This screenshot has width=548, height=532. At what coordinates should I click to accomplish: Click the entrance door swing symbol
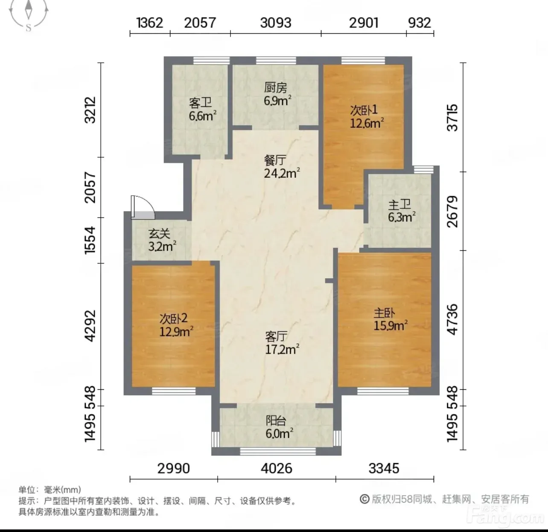pyautogui.click(x=143, y=208)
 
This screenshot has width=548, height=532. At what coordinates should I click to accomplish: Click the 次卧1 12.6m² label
pyautogui.click(x=367, y=116)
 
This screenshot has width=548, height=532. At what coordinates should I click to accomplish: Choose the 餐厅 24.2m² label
pyautogui.click(x=282, y=167)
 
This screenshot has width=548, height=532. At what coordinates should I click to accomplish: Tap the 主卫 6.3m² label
pyautogui.click(x=402, y=211)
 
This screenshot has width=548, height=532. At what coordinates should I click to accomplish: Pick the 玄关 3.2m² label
pyautogui.click(x=162, y=240)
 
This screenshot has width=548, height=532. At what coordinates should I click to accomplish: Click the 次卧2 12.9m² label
pyautogui.click(x=176, y=325)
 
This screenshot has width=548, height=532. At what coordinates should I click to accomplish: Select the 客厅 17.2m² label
pyautogui.click(x=282, y=343)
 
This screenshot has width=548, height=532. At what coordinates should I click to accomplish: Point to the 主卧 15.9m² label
pyautogui.click(x=391, y=319)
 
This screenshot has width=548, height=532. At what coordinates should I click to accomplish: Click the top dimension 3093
pyautogui.click(x=276, y=23)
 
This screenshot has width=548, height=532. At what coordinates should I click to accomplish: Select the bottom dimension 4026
pyautogui.click(x=277, y=469)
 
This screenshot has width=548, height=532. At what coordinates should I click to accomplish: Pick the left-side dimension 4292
pyautogui.click(x=90, y=326)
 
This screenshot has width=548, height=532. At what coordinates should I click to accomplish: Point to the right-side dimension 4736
pyautogui.click(x=452, y=320)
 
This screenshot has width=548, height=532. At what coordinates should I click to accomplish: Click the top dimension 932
pyautogui.click(x=420, y=23)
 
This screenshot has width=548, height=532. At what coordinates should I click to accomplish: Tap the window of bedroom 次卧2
pyautogui.click(x=173, y=391)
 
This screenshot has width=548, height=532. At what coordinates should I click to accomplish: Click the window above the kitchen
pyautogui.click(x=276, y=60)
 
